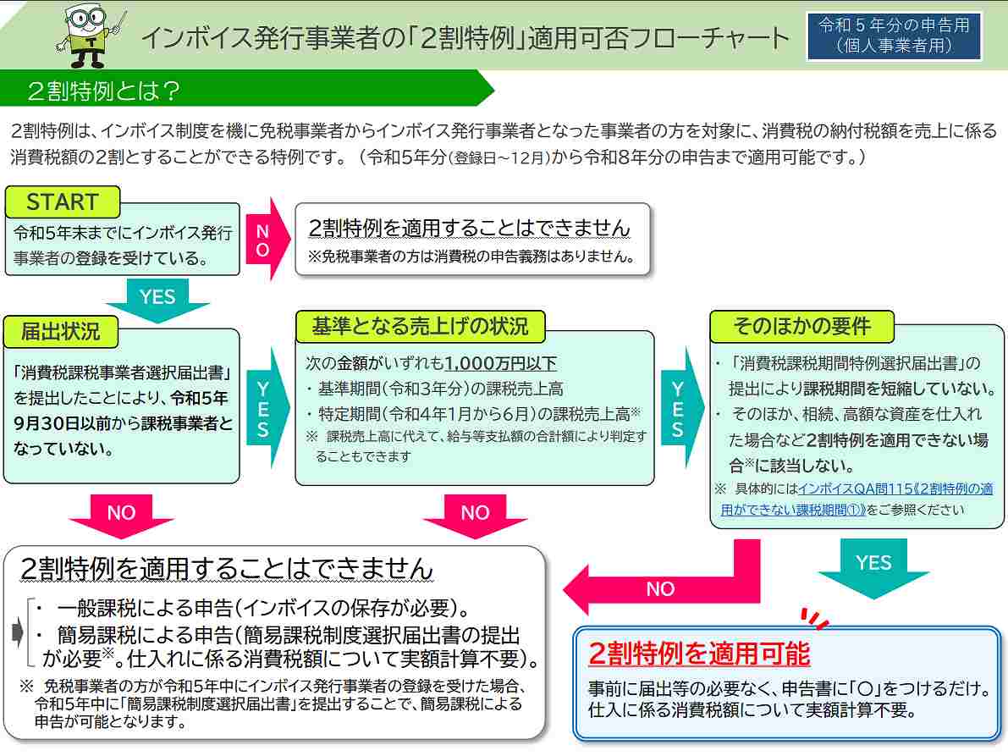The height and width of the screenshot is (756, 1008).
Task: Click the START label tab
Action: pos(63,201)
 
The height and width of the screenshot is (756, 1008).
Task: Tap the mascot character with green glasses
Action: pos(90,36)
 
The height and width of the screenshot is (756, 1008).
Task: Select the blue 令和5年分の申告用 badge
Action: pos(895,36)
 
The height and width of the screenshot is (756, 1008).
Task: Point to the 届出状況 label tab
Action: pos(60,331)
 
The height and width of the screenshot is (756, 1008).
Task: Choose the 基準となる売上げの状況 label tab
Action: pos(420,327)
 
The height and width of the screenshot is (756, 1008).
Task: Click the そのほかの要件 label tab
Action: pos(801,327)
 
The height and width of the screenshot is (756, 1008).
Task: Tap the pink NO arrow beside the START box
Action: pos(267,239)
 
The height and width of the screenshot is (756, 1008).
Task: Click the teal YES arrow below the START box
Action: pos(157,300)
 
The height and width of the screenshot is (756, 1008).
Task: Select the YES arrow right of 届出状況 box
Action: pos(267,407)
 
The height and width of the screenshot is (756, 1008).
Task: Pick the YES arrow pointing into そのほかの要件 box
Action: pos(682,407)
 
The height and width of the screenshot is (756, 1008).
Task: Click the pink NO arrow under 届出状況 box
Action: pos(122,515)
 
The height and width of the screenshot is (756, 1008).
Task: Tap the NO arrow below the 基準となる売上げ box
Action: pos(475,515)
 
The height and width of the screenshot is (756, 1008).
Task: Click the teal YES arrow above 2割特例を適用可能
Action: pos(873,567)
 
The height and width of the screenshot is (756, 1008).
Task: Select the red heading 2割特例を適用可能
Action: pos(699,654)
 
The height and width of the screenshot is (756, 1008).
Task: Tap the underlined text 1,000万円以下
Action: pos(500,363)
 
